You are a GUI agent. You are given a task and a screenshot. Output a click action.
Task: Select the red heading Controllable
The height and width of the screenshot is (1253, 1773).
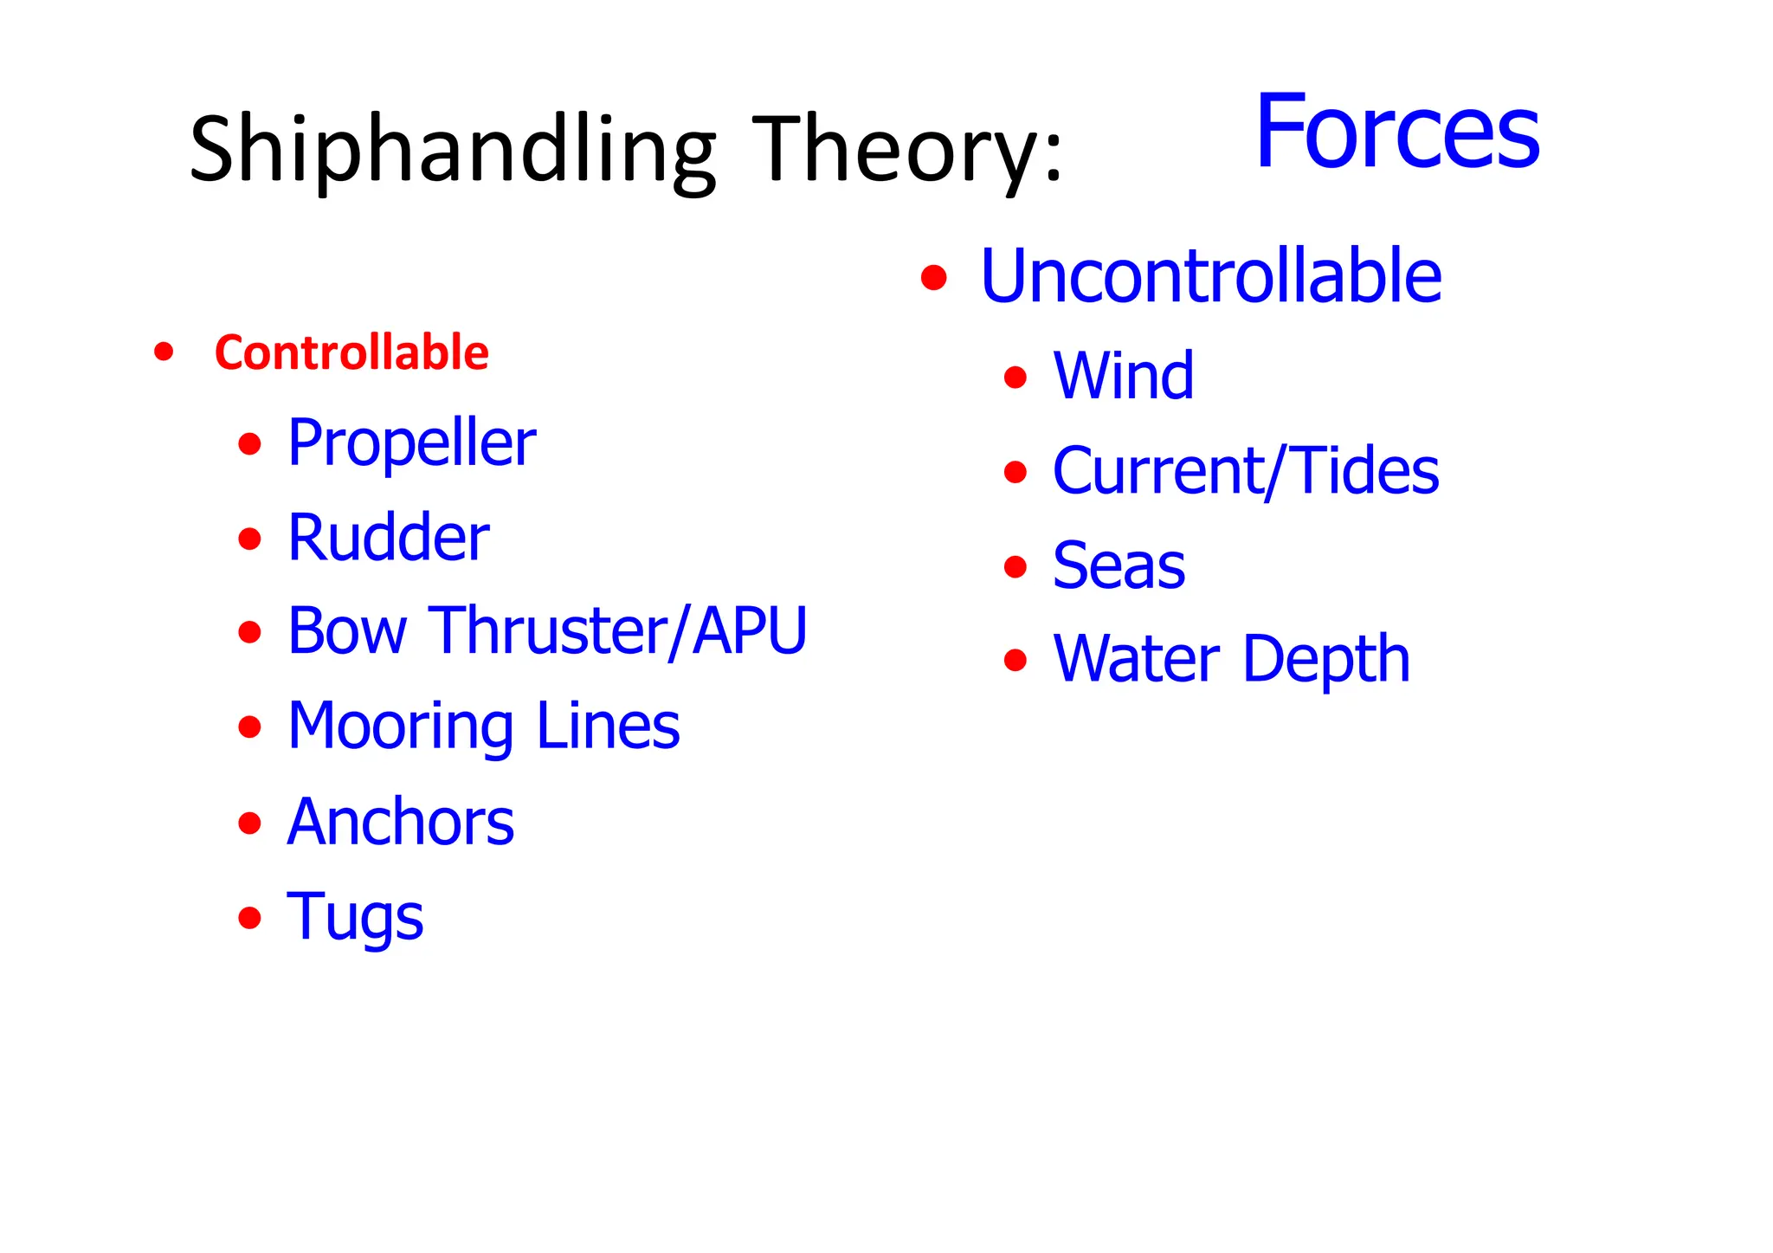click(x=351, y=352)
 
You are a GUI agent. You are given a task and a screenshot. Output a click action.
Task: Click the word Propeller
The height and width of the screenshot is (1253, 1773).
click(x=411, y=443)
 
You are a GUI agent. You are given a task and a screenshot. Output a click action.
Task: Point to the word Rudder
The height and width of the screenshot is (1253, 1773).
click(x=388, y=538)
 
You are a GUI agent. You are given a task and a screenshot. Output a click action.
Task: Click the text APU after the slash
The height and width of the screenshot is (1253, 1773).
click(x=750, y=630)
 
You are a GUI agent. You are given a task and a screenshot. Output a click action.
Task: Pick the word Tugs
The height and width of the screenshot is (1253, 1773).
click(x=355, y=916)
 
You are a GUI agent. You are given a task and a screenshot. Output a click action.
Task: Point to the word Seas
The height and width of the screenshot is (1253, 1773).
click(x=1119, y=565)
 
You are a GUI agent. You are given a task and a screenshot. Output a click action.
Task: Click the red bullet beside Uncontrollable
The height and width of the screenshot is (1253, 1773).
click(x=933, y=278)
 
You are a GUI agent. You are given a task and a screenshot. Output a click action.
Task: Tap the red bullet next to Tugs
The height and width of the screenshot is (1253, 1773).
click(x=249, y=917)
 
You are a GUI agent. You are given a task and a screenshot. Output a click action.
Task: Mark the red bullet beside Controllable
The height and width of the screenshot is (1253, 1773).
click(x=163, y=352)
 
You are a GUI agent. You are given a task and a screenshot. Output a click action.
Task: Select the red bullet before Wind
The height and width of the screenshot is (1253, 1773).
click(x=1015, y=378)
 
